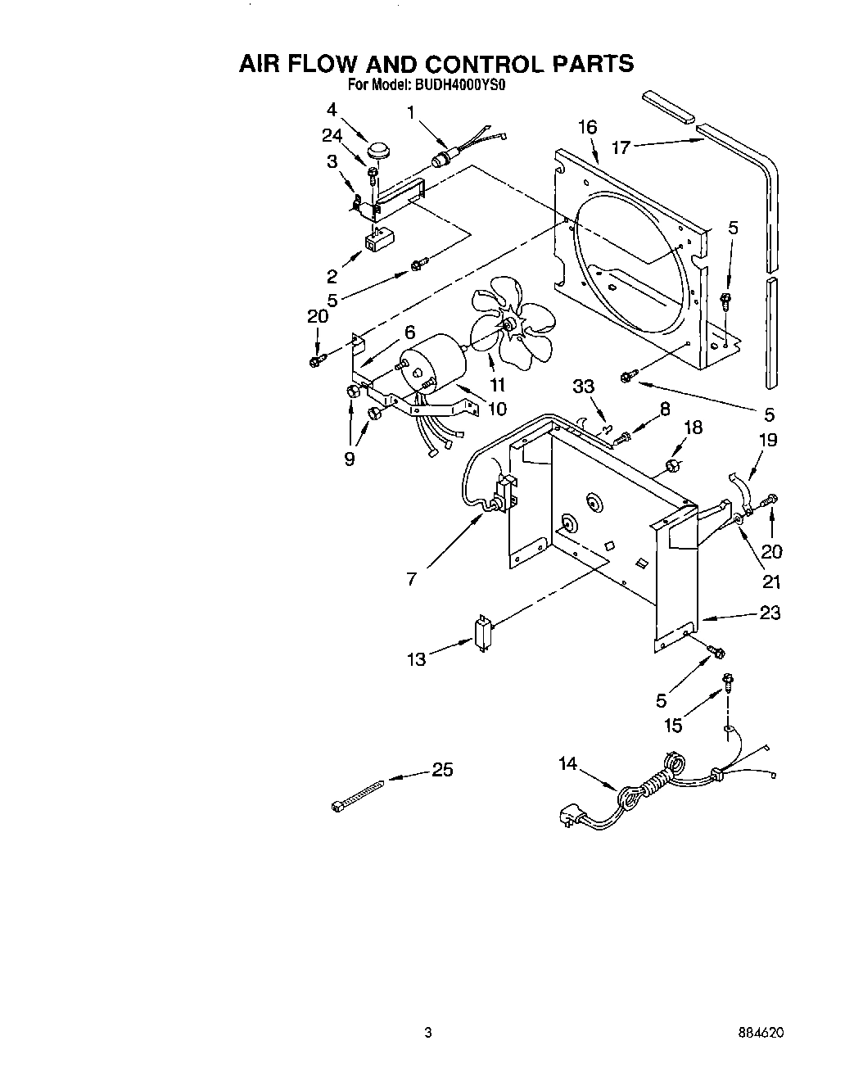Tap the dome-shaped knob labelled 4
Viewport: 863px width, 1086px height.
(378, 150)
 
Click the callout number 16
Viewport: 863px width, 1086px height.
(587, 127)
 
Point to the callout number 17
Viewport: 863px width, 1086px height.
(621, 147)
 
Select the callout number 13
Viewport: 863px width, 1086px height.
(417, 658)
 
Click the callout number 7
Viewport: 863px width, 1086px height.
(411, 579)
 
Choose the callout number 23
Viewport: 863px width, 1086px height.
(770, 613)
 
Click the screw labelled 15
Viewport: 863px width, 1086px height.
(726, 679)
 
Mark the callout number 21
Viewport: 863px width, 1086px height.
(771, 582)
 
